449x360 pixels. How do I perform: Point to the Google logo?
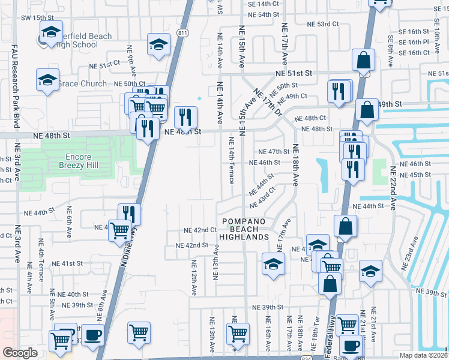pos(20,353)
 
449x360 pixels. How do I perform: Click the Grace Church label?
pos(82,84)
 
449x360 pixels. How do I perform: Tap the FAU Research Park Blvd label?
pos(16,84)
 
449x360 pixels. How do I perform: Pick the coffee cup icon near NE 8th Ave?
pos(92,335)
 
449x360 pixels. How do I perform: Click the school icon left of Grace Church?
pos(47,80)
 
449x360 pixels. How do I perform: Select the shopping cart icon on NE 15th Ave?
pos(238,333)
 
